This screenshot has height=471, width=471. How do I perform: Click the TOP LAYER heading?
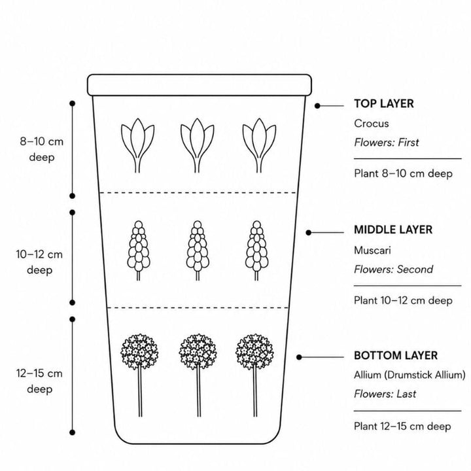click(383, 103)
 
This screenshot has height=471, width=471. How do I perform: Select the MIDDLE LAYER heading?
click(393, 230)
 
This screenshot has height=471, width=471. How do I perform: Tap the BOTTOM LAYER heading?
click(396, 356)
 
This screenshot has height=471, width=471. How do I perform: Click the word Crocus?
click(372, 124)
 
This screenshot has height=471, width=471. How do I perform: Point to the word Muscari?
click(372, 250)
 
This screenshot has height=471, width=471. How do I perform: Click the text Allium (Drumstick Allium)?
click(410, 375)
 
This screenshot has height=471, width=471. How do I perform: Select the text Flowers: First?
click(387, 143)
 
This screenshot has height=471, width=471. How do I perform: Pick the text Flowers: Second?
click(394, 270)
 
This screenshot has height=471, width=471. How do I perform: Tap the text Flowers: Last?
click(385, 394)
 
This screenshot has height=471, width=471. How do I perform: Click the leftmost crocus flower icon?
click(137, 145)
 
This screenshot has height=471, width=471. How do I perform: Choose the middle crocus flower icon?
click(197, 145)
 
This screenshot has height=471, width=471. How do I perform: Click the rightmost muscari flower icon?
click(256, 251)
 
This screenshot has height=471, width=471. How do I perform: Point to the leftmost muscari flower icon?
click(138, 251)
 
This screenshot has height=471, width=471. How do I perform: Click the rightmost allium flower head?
click(254, 351)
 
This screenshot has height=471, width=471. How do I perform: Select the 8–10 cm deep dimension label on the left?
click(41, 149)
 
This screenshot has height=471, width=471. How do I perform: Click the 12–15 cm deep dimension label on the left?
click(39, 381)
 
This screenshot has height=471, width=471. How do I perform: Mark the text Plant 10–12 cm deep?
click(403, 300)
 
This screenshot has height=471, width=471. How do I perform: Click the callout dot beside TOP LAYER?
click(317, 106)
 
